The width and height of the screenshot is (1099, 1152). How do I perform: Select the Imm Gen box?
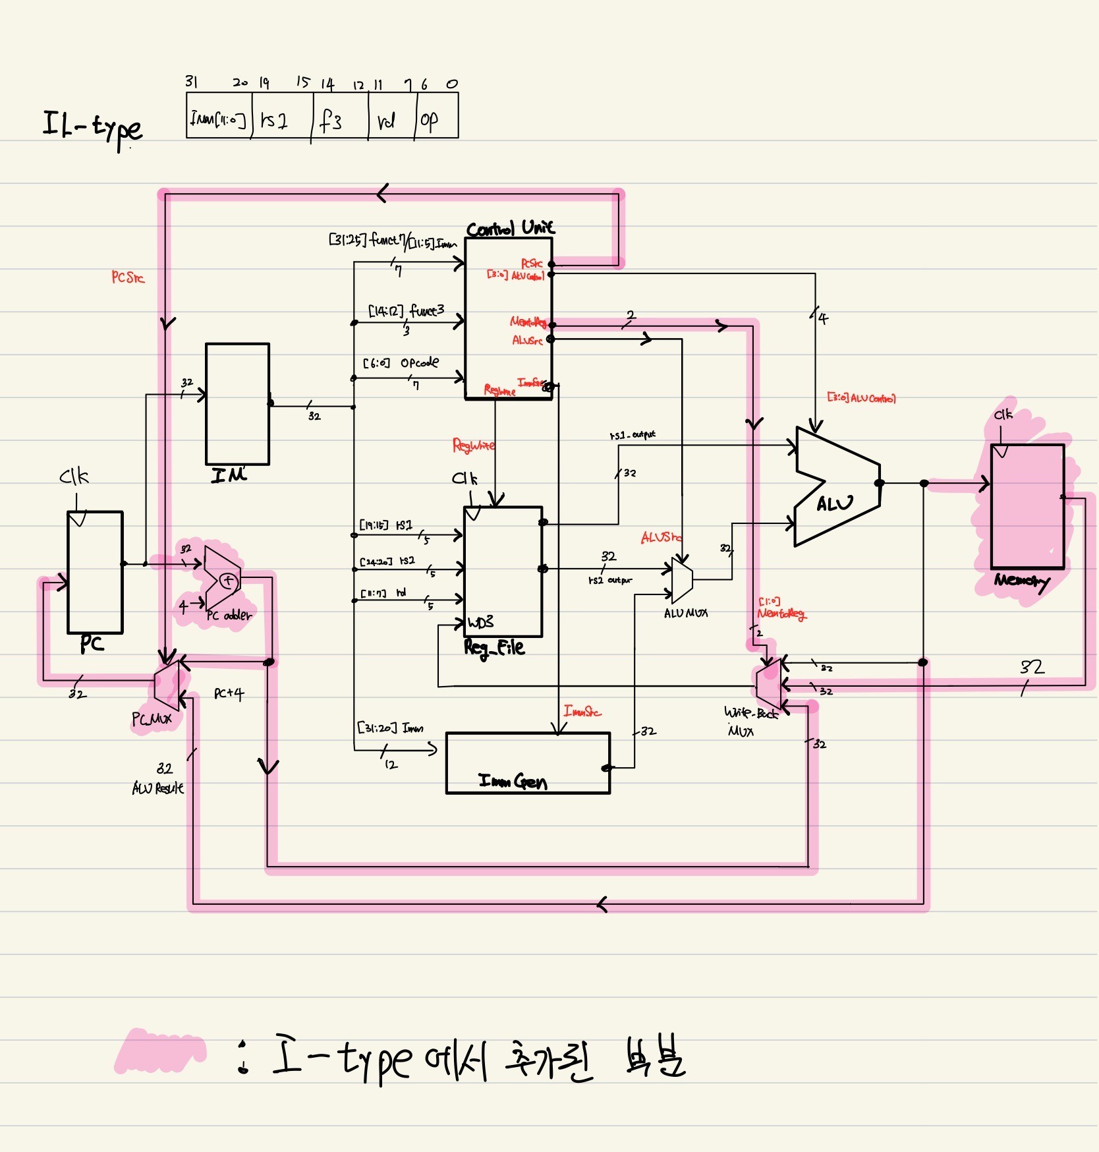tap(528, 763)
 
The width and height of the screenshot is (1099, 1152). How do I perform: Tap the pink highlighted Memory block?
tap(1027, 506)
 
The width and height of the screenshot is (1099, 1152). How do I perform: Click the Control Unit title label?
tap(511, 228)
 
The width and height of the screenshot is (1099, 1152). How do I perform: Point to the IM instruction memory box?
tap(237, 403)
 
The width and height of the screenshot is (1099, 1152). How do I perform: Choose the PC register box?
tap(95, 572)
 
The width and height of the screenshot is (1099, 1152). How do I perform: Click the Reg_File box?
tap(503, 571)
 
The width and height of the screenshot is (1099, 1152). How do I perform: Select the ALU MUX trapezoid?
tap(682, 580)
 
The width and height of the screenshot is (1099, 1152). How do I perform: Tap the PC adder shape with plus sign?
tap(223, 579)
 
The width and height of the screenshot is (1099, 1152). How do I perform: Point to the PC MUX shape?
tap(167, 685)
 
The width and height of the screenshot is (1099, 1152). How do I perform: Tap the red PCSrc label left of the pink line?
tap(128, 277)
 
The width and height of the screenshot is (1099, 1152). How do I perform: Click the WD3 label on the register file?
tap(480, 623)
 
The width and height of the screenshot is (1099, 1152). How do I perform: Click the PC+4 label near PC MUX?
tap(229, 693)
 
